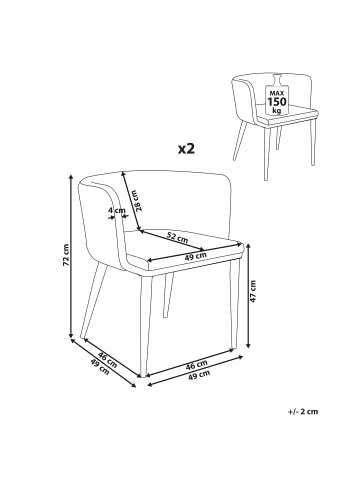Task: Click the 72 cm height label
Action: click(x=66, y=255)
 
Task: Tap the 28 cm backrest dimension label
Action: click(x=140, y=200)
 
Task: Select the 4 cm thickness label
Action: click(x=117, y=210)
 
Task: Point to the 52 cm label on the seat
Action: click(x=177, y=237)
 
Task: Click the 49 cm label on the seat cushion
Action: click(x=195, y=256)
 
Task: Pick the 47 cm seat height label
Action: click(x=253, y=291)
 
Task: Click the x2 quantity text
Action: click(x=186, y=148)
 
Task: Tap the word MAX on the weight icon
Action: click(x=277, y=92)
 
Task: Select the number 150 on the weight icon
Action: click(x=277, y=101)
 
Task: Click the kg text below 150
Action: click(x=277, y=110)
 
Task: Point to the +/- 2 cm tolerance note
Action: click(x=303, y=411)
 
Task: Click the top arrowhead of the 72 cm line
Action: click(x=71, y=177)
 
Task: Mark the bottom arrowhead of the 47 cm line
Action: click(x=248, y=346)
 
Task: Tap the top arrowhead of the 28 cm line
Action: click(x=124, y=174)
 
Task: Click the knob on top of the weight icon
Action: click(x=277, y=79)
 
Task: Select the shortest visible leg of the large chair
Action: click(x=168, y=295)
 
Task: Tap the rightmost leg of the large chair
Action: click(x=234, y=303)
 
